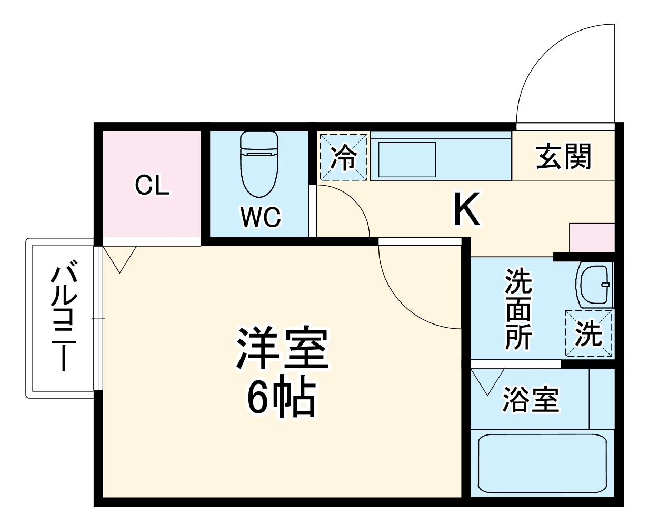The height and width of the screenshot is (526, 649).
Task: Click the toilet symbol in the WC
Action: pyautogui.click(x=258, y=163)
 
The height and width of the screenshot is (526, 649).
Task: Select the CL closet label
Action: pyautogui.click(x=152, y=185)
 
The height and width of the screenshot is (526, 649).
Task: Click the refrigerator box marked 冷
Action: pyautogui.click(x=343, y=157)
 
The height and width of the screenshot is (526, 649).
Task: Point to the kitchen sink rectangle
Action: pyautogui.click(x=407, y=159)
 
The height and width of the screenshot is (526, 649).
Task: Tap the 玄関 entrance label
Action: pyautogui.click(x=564, y=156)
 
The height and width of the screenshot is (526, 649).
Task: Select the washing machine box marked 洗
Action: pyautogui.click(x=588, y=333)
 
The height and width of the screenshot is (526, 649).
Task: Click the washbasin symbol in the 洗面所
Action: pyautogui.click(x=595, y=285)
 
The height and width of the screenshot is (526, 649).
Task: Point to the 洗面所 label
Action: pyautogui.click(x=518, y=309)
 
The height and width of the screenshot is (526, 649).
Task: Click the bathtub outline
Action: pyautogui.click(x=542, y=463)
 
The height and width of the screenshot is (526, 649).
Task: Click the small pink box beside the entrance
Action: pyautogui.click(x=592, y=238)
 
